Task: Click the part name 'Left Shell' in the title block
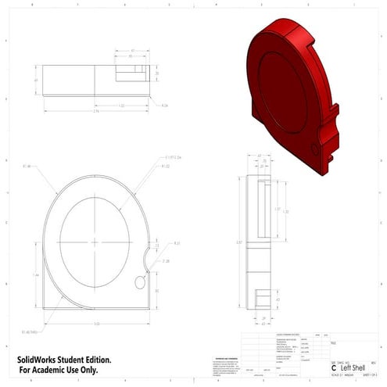coord(349,367)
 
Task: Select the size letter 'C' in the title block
coord(334,367)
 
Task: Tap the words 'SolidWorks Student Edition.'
coord(64,359)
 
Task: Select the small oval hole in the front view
coord(141,281)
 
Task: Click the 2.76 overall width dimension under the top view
coord(95,112)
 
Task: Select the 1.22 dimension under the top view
coord(121,104)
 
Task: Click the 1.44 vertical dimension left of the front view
coord(37,275)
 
